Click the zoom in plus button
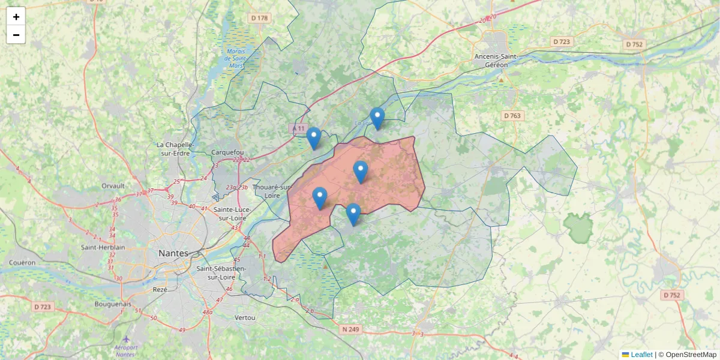click(x=16, y=17)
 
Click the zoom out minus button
click(x=16, y=35)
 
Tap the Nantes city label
click(x=173, y=254)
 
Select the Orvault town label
click(x=113, y=186)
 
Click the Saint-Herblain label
click(x=103, y=247)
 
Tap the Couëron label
click(x=23, y=263)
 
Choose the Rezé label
click(x=160, y=289)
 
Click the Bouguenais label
click(x=113, y=304)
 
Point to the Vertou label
click(x=245, y=317)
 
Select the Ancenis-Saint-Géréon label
click(x=499, y=60)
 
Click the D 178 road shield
click(x=259, y=18)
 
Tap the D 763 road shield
click(x=512, y=115)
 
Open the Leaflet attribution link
click(x=641, y=355)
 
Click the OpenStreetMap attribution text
click(x=691, y=355)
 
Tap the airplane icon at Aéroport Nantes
click(x=126, y=340)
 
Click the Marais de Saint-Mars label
click(x=236, y=58)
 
